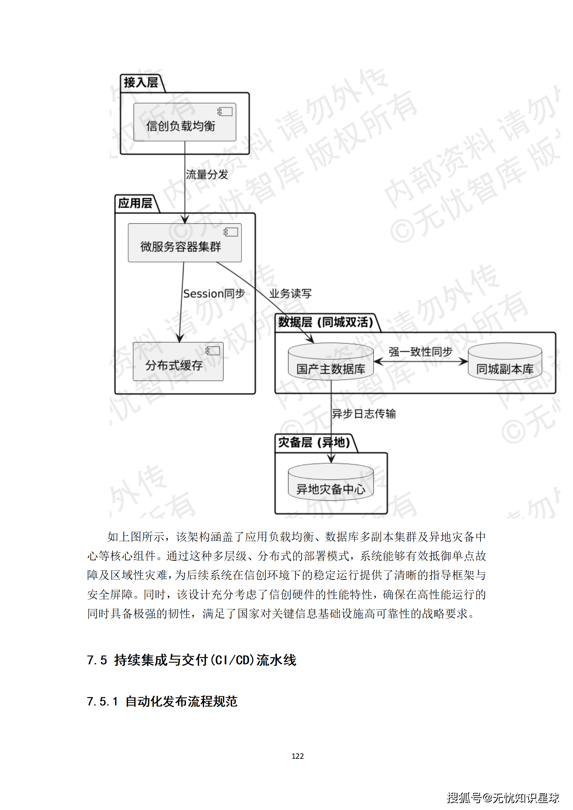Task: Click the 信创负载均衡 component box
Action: pyautogui.click(x=185, y=122)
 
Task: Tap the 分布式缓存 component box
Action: pyautogui.click(x=178, y=362)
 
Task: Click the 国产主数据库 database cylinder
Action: pyautogui.click(x=330, y=362)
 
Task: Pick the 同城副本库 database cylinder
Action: pyautogui.click(x=504, y=362)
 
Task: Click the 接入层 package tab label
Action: pyautogui.click(x=141, y=83)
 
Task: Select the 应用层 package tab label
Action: pyautogui.click(x=135, y=203)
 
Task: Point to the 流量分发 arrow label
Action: pyautogui.click(x=207, y=175)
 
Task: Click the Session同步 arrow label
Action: pyautogui.click(x=214, y=294)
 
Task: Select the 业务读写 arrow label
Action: pyautogui.click(x=290, y=294)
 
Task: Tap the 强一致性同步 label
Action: pyautogui.click(x=420, y=351)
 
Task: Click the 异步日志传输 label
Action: pyautogui.click(x=364, y=414)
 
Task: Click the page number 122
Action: pyautogui.click(x=298, y=756)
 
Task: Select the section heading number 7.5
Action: pyautogui.click(x=97, y=660)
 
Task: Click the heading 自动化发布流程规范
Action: pyautogui.click(x=181, y=701)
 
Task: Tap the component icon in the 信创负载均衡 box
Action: pyautogui.click(x=225, y=111)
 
